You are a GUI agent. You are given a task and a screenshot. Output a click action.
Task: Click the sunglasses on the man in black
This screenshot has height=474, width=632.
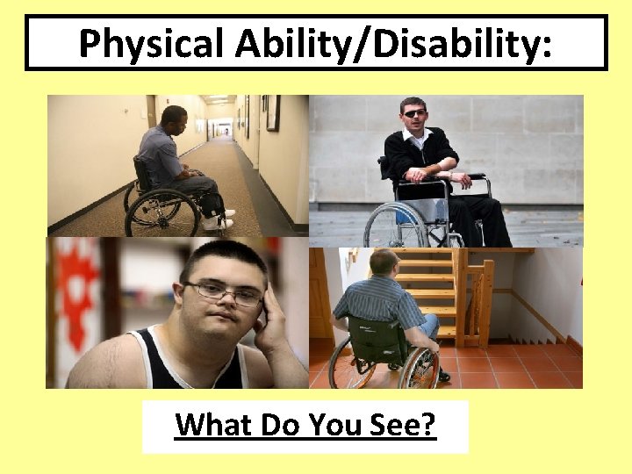click(413, 112)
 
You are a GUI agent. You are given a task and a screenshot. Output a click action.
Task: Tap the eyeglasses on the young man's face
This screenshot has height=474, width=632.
click(223, 291)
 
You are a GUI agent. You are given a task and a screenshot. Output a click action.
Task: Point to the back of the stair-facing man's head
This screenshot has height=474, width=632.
click(383, 261)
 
